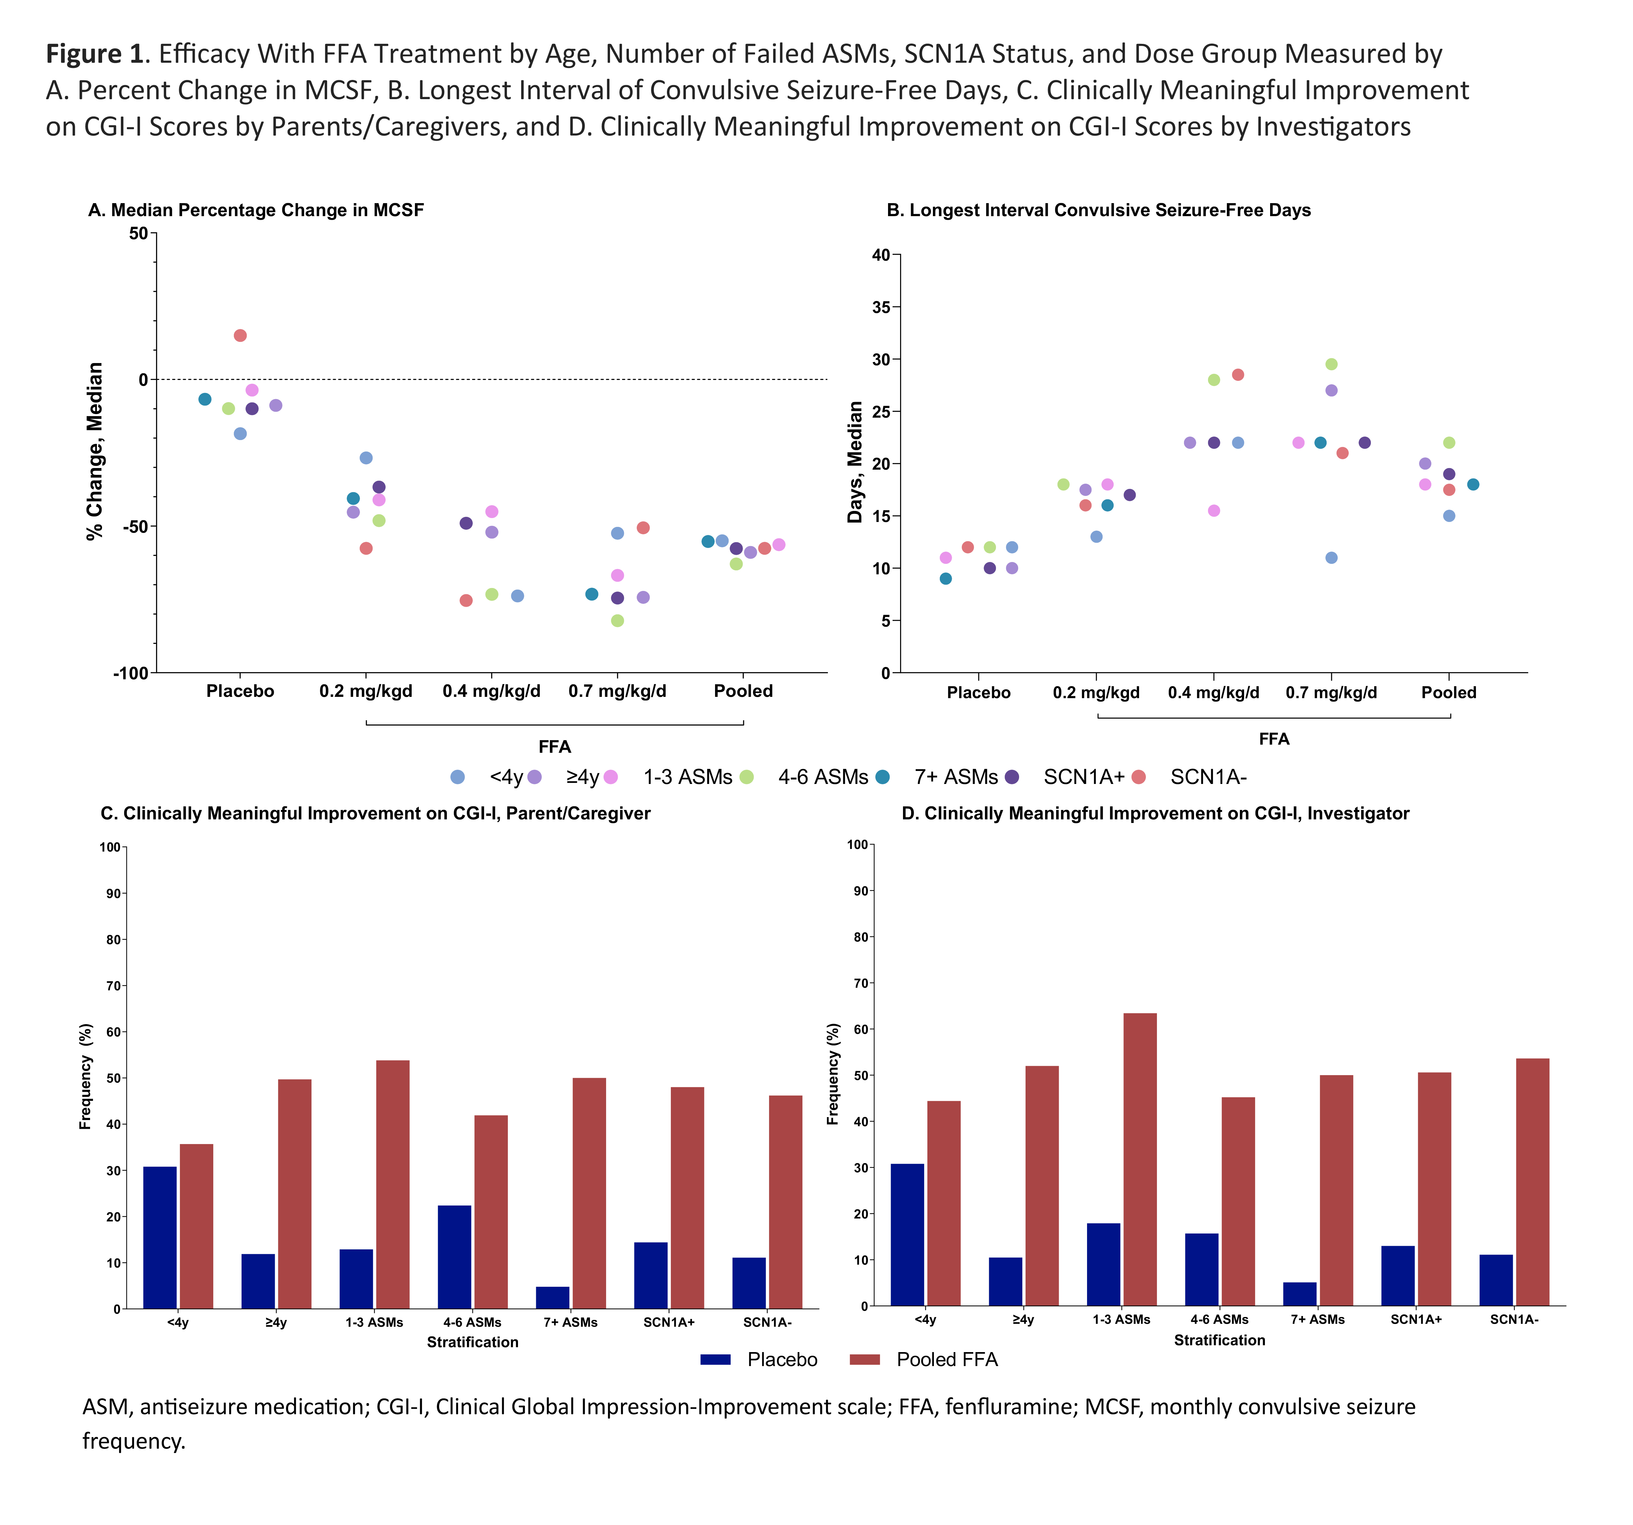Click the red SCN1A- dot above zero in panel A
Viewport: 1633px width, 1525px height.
pyautogui.click(x=240, y=335)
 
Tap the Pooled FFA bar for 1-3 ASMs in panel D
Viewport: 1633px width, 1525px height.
pyautogui.click(x=1139, y=1160)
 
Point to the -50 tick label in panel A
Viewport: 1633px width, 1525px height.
pyautogui.click(x=136, y=527)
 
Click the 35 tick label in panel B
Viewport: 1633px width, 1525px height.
pyautogui.click(x=881, y=307)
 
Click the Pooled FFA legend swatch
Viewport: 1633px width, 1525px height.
pyautogui.click(x=864, y=1359)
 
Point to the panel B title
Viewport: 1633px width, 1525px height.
pyautogui.click(x=1098, y=210)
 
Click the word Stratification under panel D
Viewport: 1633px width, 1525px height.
pyautogui.click(x=1219, y=1340)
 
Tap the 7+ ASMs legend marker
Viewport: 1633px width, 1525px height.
pyautogui.click(x=883, y=777)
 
